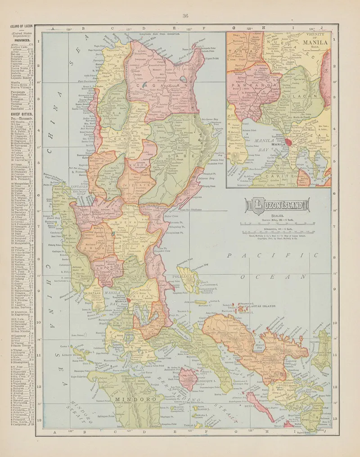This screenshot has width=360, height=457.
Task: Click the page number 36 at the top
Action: coord(185,17)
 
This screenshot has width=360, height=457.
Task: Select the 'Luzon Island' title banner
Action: coord(276,206)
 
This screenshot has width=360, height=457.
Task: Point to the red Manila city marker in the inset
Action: coord(288,143)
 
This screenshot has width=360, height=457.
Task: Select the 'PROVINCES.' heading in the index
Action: coord(21,40)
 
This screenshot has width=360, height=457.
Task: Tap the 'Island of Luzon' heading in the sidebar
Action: coord(21,27)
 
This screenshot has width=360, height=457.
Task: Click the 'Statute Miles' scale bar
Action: coord(276,223)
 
